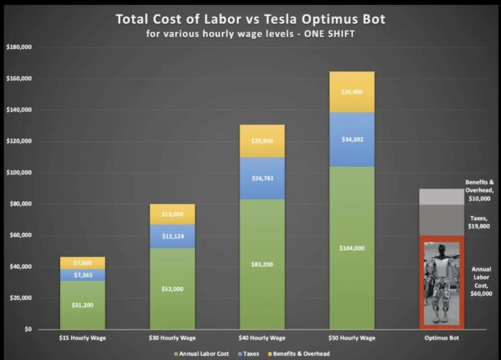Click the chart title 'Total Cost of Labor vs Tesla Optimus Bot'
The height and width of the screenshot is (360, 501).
pyautogui.click(x=250, y=20)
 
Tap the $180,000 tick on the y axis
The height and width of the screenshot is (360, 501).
pyautogui.click(x=19, y=47)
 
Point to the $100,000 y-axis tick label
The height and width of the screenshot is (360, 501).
pyautogui.click(x=19, y=173)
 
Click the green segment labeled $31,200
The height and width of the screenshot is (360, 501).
pyautogui.click(x=82, y=305)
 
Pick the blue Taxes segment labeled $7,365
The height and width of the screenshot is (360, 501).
pyautogui.click(x=82, y=275)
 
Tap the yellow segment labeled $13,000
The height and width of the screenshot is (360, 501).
pyautogui.click(x=172, y=214)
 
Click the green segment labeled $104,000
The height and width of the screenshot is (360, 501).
pyautogui.click(x=352, y=248)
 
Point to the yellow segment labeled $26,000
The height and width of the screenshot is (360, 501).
pyautogui.click(x=352, y=92)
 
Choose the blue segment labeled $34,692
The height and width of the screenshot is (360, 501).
pyautogui.click(x=352, y=139)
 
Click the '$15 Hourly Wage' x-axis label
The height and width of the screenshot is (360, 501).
pyautogui.click(x=82, y=338)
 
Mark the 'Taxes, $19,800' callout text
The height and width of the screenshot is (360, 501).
pyautogui.click(x=479, y=223)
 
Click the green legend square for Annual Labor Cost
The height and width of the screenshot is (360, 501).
pyautogui.click(x=176, y=353)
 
